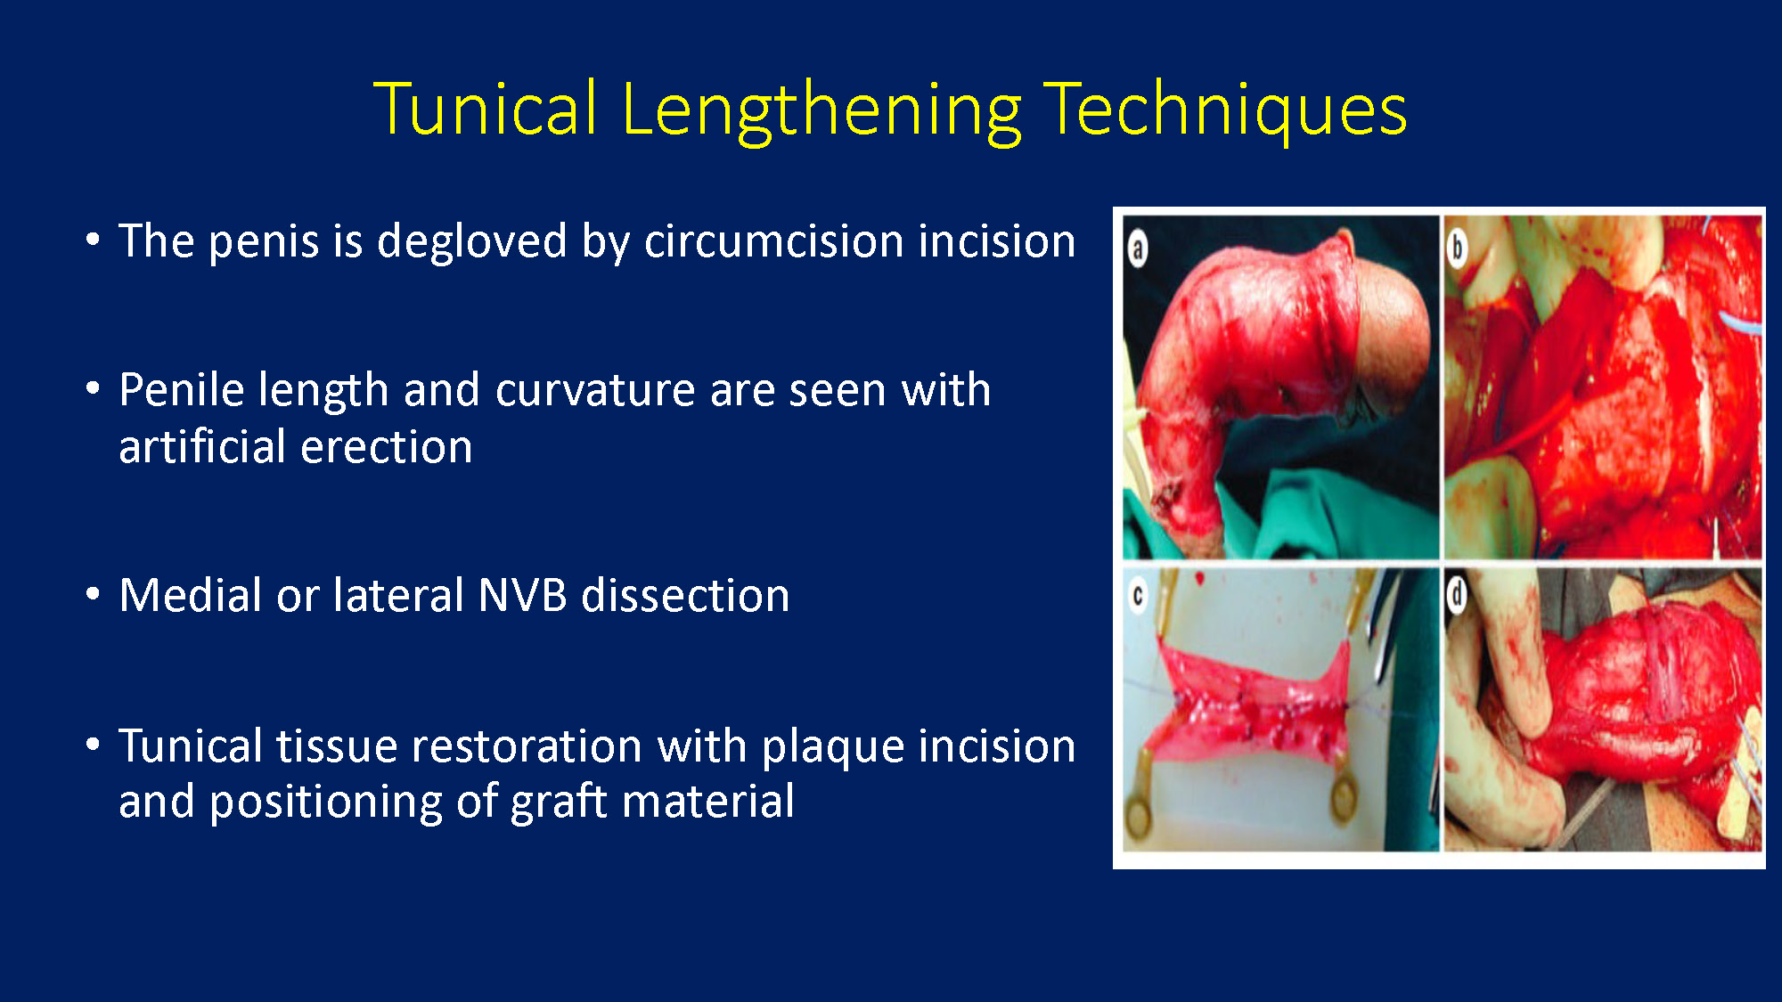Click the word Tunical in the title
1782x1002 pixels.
click(486, 109)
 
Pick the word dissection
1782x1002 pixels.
click(685, 595)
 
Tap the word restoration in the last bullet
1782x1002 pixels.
click(520, 746)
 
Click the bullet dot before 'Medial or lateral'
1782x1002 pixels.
click(93, 594)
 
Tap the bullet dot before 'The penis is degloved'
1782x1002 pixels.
click(93, 240)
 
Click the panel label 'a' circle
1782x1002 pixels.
click(1138, 249)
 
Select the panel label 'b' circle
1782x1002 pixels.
click(1457, 248)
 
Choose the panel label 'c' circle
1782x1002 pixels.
click(1138, 596)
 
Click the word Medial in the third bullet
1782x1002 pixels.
click(191, 595)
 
